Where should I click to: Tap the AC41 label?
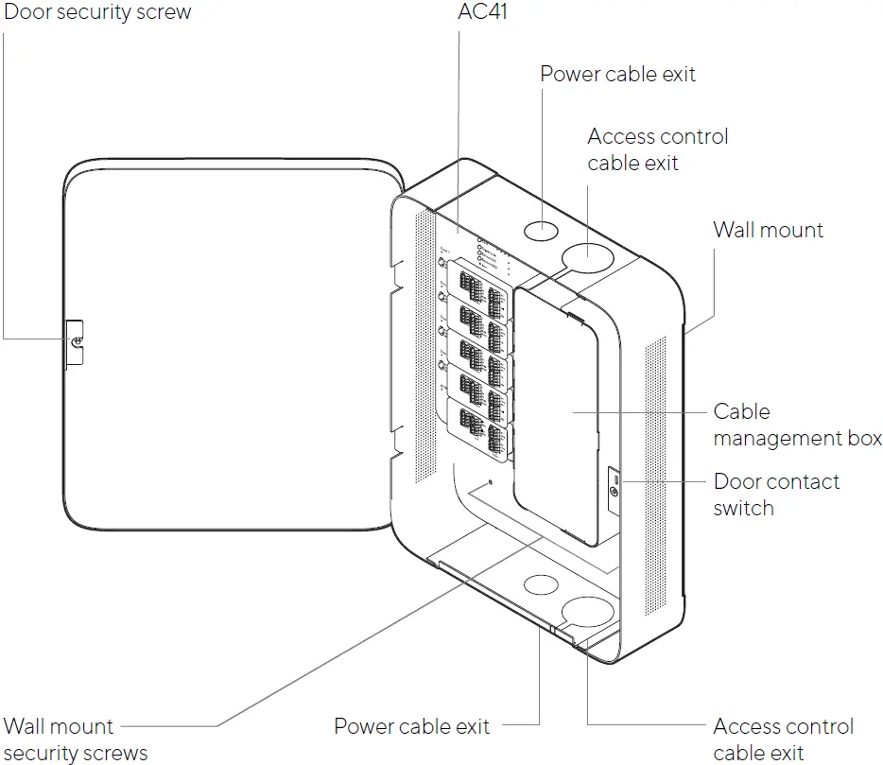click(x=482, y=12)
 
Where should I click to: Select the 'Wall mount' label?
click(x=768, y=230)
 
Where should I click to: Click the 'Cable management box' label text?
click(x=797, y=425)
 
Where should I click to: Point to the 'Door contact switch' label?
click(x=776, y=495)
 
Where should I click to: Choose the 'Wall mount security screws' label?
click(x=76, y=739)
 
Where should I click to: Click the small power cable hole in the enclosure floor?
click(x=541, y=584)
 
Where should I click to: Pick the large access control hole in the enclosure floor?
click(x=589, y=613)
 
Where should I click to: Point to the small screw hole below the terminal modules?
click(x=490, y=483)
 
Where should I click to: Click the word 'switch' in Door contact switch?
click(x=744, y=508)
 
